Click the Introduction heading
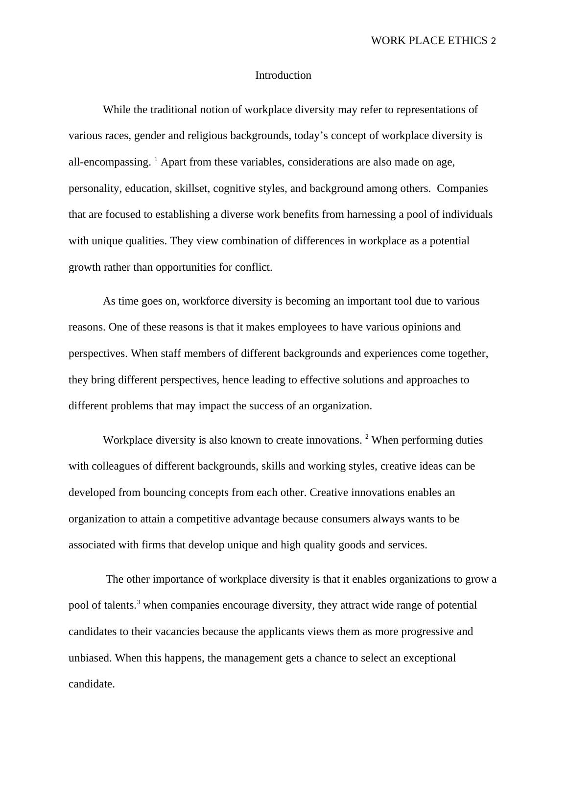pyautogui.click(x=283, y=75)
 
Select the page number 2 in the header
pyautogui.click(x=494, y=41)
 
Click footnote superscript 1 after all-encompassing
pyautogui.click(x=156, y=159)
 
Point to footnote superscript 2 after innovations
pyautogui.click(x=367, y=437)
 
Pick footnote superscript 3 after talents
pyautogui.click(x=139, y=602)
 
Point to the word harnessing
pyautogui.click(x=371, y=214)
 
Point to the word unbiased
pyautogui.click(x=90, y=658)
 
